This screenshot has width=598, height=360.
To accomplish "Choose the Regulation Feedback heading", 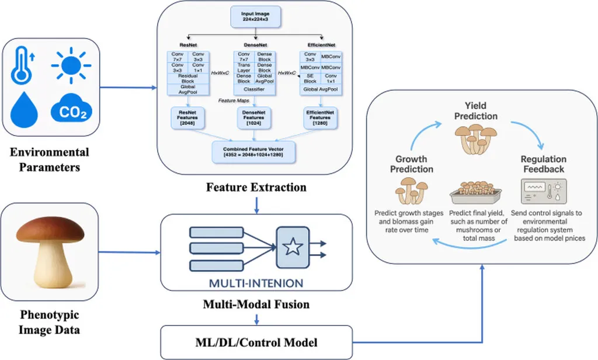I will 544,164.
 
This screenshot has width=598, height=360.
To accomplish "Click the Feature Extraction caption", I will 256,188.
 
